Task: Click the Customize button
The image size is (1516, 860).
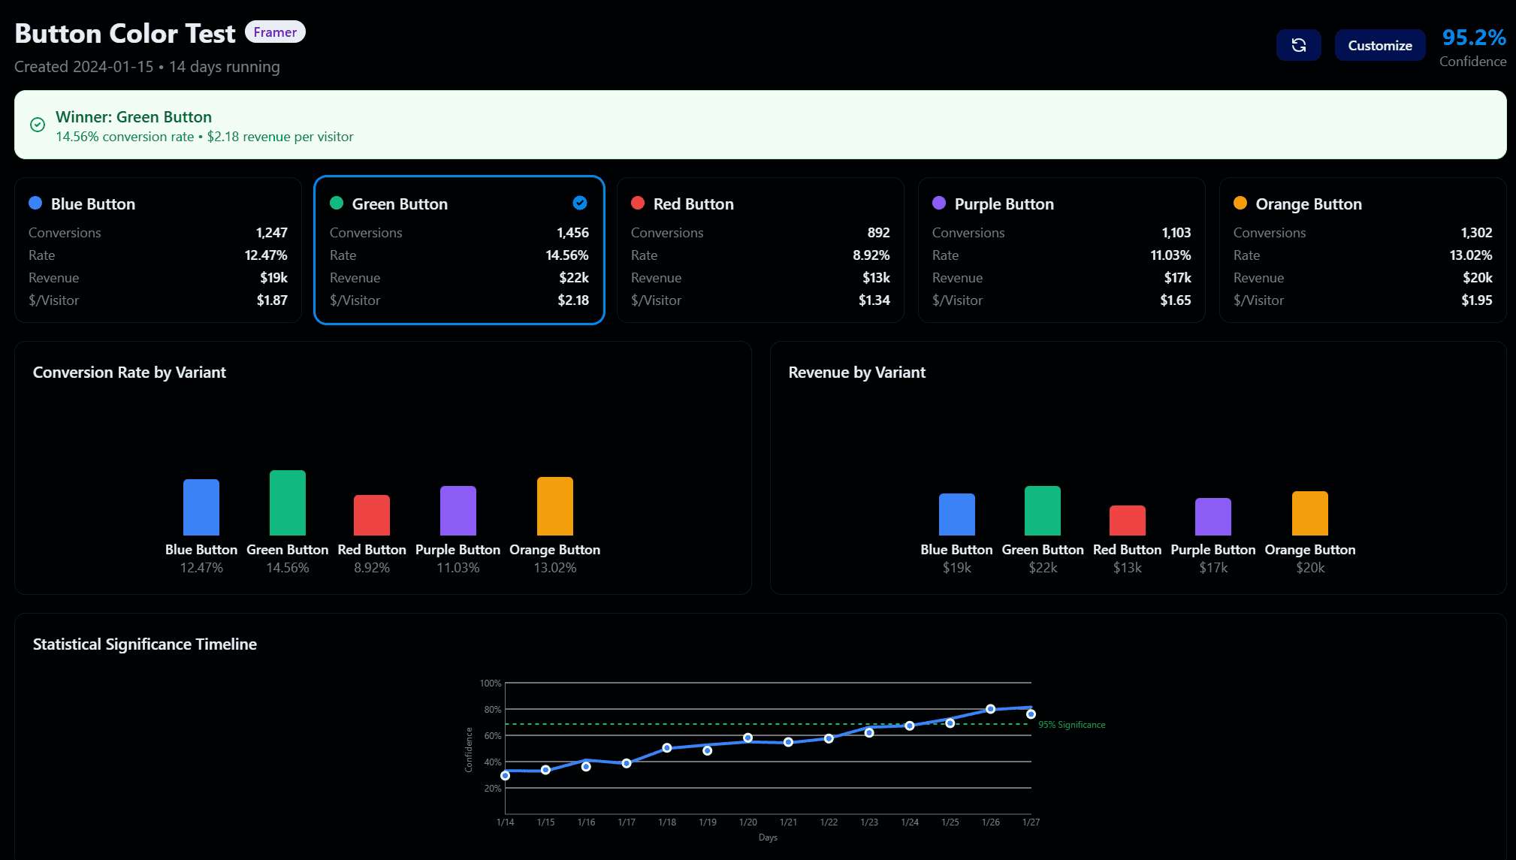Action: click(x=1379, y=46)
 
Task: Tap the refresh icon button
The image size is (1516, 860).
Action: click(x=1298, y=46)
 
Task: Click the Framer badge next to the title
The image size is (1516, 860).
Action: click(x=275, y=32)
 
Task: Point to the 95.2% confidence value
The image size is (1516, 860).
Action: click(x=1473, y=37)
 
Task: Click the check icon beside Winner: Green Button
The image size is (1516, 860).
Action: click(x=38, y=125)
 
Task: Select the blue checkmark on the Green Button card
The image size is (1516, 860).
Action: click(x=579, y=203)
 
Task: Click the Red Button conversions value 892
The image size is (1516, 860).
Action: click(x=878, y=233)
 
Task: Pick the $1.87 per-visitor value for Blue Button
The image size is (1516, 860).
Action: click(x=272, y=300)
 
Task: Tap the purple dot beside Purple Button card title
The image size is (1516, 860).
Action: click(x=939, y=203)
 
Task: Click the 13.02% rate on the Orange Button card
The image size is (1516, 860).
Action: click(x=1470, y=255)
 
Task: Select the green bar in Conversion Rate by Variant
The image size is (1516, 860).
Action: click(x=288, y=502)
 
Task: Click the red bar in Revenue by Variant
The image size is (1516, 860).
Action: click(x=1127, y=521)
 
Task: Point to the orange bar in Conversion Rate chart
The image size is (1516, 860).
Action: click(x=555, y=505)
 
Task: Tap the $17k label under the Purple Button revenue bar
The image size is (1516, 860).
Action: click(x=1213, y=568)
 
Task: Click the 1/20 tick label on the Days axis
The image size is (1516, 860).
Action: click(x=747, y=822)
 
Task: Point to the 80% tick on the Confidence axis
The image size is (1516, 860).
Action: click(x=492, y=710)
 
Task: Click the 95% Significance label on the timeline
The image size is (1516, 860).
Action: click(x=1071, y=725)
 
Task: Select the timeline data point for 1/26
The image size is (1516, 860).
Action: click(x=990, y=709)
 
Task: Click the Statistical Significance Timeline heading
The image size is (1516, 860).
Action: click(x=145, y=644)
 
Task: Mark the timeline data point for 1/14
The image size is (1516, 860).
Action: click(x=506, y=775)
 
